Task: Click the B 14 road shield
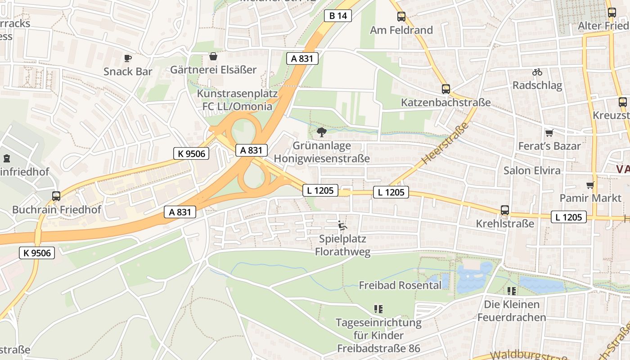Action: point(338,16)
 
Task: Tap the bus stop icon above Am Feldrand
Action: point(401,17)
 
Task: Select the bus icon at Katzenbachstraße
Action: point(445,89)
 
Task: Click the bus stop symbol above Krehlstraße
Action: point(505,210)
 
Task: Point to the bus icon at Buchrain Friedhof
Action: point(56,196)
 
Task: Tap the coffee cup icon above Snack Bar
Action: point(128,58)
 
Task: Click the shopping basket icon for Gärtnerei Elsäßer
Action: point(213,56)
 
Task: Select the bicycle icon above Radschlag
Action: point(537,72)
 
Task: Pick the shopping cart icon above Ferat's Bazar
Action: point(549,133)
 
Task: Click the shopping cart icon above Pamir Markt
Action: point(590,185)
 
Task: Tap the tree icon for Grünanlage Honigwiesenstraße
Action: point(321,132)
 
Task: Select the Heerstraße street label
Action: point(445,144)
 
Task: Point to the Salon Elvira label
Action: point(532,171)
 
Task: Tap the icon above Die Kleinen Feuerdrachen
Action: point(511,291)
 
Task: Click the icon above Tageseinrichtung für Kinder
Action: point(378,309)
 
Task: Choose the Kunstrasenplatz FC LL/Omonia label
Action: point(237,100)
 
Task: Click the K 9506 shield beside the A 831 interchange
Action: point(191,153)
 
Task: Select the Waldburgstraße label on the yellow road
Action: point(529,355)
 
